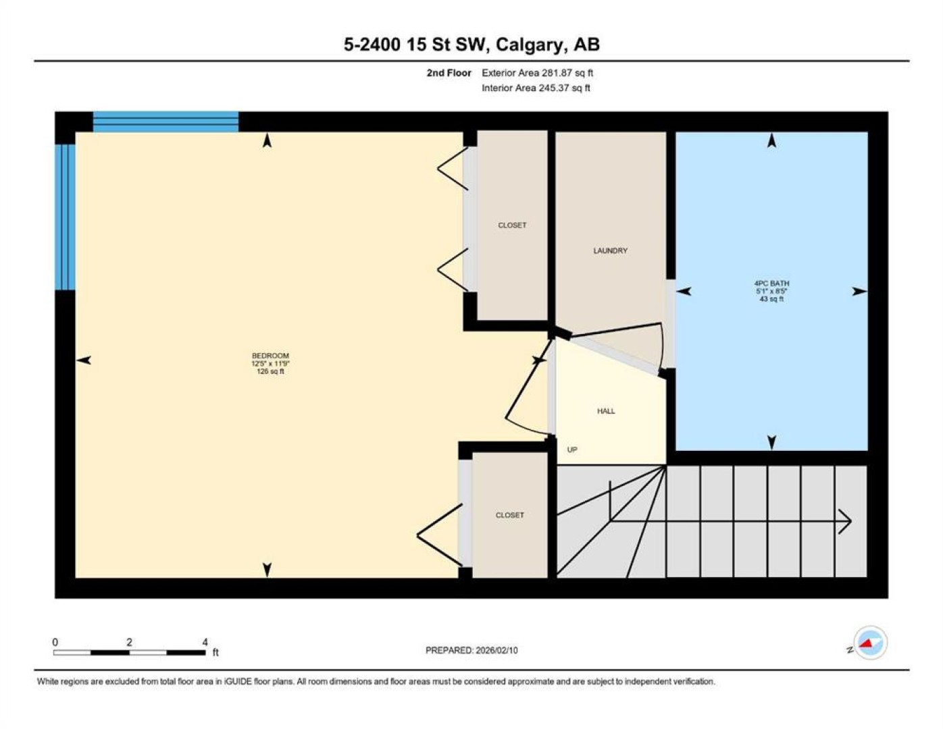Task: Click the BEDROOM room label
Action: [x=270, y=356]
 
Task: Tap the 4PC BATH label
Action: [x=771, y=283]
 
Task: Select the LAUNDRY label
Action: [x=610, y=250]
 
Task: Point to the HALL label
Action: [x=606, y=411]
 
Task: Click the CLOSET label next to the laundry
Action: [x=512, y=225]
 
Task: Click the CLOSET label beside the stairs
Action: [x=509, y=515]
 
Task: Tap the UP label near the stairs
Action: [x=572, y=450]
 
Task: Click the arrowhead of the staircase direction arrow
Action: [x=845, y=520]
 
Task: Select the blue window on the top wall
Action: [x=165, y=122]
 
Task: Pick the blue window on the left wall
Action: [x=65, y=217]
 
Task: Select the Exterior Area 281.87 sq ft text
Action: [x=537, y=73]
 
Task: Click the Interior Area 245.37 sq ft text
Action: [x=536, y=88]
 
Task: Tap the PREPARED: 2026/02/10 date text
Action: [x=471, y=651]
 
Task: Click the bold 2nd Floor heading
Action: [x=449, y=73]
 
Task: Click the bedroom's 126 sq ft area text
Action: [x=270, y=372]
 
